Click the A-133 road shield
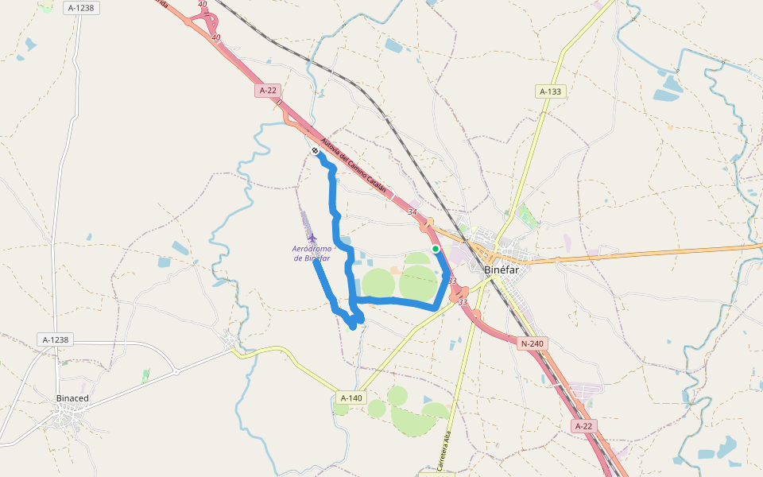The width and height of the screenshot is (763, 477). click(550, 91)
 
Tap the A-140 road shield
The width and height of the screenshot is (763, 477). click(351, 397)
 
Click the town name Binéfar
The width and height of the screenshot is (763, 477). click(502, 270)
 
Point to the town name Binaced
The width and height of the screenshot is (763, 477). click(72, 397)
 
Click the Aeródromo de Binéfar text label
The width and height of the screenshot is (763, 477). click(311, 253)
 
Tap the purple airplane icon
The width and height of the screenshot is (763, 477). click(312, 238)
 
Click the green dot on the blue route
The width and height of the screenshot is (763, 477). click(436, 249)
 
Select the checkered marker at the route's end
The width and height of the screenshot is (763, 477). click(316, 150)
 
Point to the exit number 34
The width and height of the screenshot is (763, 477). click(412, 211)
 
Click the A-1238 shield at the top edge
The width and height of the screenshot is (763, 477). click(81, 7)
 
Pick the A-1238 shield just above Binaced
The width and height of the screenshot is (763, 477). click(56, 339)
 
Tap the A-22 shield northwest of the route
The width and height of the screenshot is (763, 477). click(268, 91)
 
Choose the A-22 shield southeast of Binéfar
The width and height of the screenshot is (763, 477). click(583, 426)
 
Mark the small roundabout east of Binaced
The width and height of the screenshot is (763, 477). click(175, 371)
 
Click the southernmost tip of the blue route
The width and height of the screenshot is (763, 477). click(353, 327)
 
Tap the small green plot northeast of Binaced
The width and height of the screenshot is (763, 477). click(145, 375)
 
